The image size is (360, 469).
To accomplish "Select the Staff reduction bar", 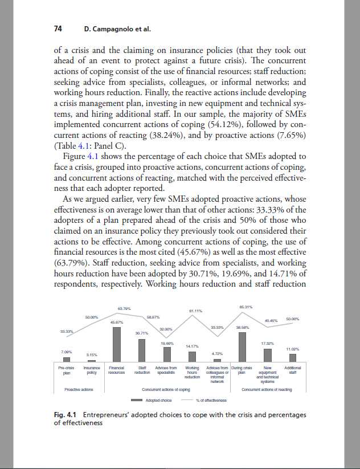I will click(142, 350).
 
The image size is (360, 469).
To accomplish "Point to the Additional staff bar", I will click(293, 358).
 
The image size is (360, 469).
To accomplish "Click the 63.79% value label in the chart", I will click(123, 308).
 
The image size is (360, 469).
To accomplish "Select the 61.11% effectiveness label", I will click(196, 311).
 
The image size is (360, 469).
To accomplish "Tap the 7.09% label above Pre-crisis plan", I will click(66, 352).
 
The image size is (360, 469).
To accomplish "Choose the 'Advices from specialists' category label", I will click(166, 371).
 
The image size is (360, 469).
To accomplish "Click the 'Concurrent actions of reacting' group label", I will click(267, 389).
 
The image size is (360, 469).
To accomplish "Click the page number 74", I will click(58, 28).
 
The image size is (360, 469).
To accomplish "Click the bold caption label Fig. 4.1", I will click(64, 415).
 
